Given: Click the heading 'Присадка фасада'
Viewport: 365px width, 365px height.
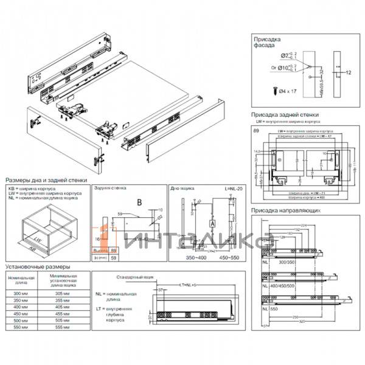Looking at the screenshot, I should [267, 40].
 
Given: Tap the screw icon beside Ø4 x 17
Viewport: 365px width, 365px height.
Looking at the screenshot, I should [274, 91].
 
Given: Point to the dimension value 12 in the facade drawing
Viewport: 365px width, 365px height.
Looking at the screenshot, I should [349, 72].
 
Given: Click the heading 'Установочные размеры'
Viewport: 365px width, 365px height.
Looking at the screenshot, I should [37, 266].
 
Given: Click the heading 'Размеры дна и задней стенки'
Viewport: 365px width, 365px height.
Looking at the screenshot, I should [46, 181].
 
